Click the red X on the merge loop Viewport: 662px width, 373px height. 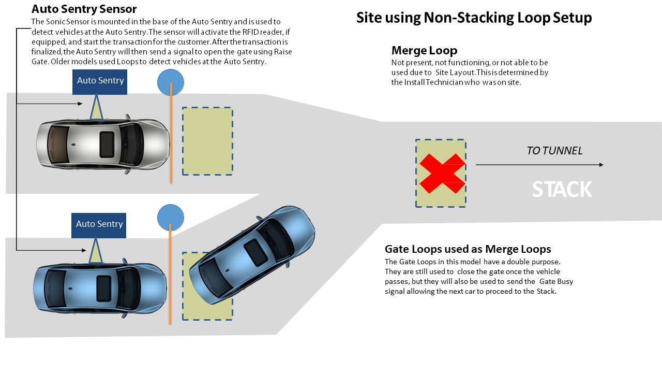(442, 174)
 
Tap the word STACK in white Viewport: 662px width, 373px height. (562, 190)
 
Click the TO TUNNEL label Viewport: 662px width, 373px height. (554, 151)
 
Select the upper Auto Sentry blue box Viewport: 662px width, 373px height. (100, 81)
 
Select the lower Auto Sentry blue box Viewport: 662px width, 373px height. (99, 224)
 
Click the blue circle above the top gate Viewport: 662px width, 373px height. (171, 82)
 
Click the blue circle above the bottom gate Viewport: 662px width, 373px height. (171, 217)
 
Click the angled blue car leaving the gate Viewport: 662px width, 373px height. (252, 255)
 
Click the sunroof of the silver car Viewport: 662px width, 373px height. (107, 145)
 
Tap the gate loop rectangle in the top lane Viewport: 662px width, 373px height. (207, 141)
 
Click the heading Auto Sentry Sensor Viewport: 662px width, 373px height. (84, 9)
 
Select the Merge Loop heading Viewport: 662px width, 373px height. (424, 50)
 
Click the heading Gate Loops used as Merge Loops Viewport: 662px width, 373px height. (468, 249)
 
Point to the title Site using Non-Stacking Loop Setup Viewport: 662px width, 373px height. (474, 18)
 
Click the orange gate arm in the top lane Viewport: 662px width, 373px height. (171, 135)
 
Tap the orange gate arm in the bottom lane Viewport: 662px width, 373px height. (170, 280)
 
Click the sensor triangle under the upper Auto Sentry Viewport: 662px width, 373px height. (96, 109)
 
